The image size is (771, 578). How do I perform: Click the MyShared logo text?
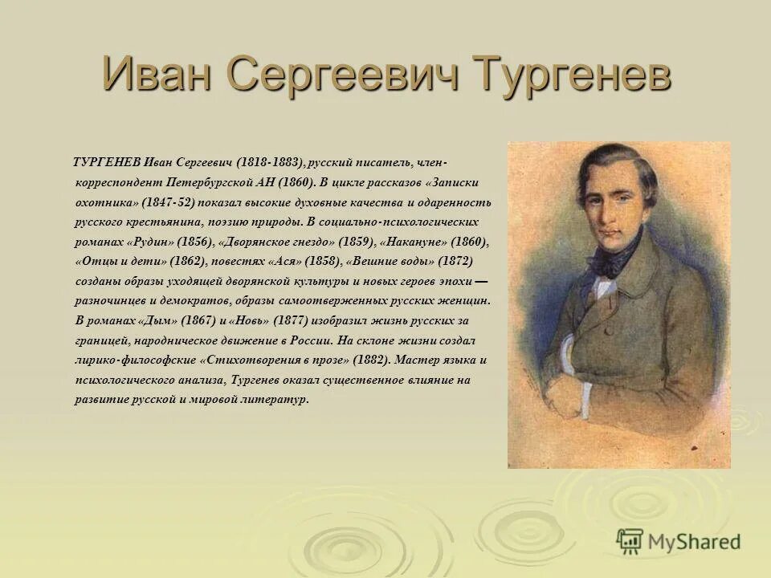694,541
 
